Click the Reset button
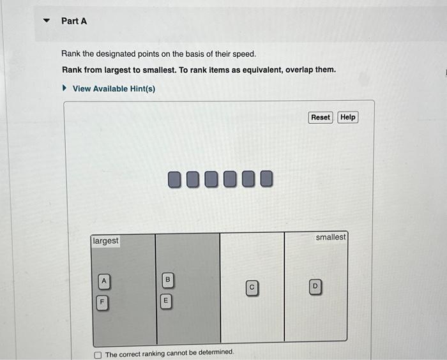(x=321, y=117)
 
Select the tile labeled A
(x=104, y=281)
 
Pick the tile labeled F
(x=101, y=301)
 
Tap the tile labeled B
(x=167, y=280)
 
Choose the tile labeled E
(x=165, y=300)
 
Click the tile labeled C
(x=252, y=288)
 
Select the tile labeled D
(x=315, y=288)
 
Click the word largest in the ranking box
(x=105, y=241)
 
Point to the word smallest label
(x=331, y=237)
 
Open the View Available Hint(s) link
(x=114, y=89)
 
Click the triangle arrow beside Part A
(x=45, y=21)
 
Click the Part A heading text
(x=74, y=21)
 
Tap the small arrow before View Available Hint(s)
(x=64, y=89)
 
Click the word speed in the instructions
(x=243, y=54)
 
